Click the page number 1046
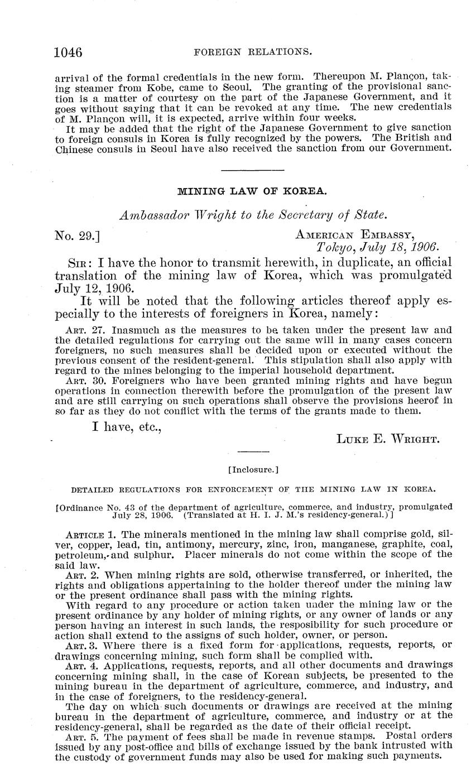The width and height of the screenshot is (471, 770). tap(68, 52)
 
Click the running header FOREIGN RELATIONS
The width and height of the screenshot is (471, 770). tap(252, 52)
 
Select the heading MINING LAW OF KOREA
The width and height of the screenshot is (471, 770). tap(252, 191)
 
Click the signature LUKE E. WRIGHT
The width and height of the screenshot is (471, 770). tap(388, 439)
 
